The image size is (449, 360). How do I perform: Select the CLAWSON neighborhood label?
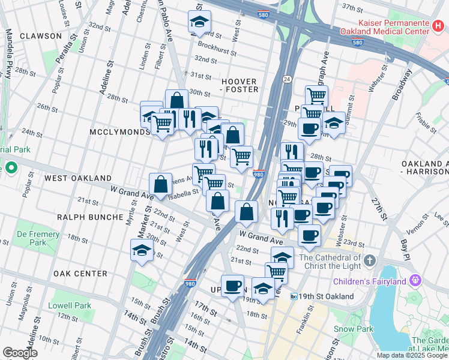tap(40, 36)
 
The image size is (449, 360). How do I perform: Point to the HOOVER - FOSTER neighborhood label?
tap(240, 85)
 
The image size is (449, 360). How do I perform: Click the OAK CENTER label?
tap(80, 274)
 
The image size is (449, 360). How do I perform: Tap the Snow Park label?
tap(354, 329)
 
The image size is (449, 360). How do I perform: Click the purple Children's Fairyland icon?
tap(414, 280)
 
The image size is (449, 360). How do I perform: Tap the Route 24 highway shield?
tap(288, 79)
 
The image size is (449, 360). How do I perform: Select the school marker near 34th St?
tap(199, 23)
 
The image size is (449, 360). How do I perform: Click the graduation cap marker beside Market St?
tap(142, 251)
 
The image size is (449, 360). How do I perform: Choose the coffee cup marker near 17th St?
tap(232, 286)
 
